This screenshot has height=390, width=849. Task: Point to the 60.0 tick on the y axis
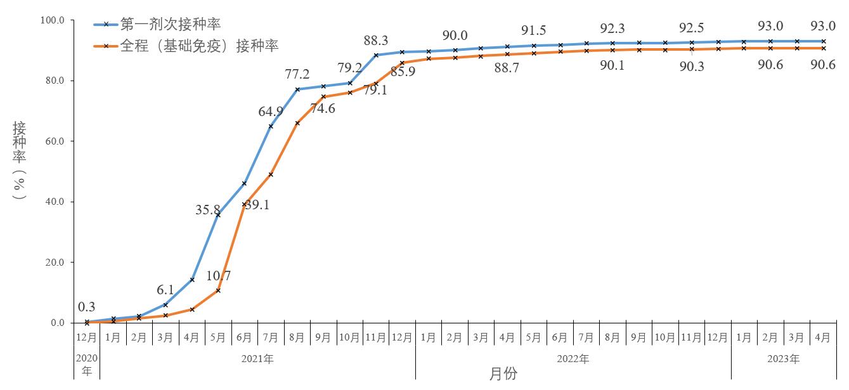pos(55,141)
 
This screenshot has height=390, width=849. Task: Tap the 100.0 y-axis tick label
pos(52,20)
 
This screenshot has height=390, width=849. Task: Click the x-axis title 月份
pos(503,374)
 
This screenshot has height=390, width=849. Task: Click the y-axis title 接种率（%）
pos(19,160)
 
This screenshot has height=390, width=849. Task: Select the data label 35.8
pos(207,210)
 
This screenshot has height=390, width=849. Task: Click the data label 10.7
pos(218,276)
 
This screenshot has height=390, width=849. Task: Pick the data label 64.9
pos(271,112)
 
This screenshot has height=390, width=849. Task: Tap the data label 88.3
pos(376,40)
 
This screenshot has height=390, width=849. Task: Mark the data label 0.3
pos(86,307)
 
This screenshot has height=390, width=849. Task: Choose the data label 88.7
pos(507,68)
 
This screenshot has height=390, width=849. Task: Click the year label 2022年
pos(573,359)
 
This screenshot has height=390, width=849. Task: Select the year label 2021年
pos(257,359)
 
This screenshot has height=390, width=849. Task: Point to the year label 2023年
pos(784,359)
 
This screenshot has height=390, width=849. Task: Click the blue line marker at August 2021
pos(297,89)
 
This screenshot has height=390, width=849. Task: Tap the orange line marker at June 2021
pos(245,204)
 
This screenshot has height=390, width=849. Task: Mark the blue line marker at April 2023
pos(823,41)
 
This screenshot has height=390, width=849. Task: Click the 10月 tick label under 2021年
pos(349,337)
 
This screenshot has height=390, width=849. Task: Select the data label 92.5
pos(691,28)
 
